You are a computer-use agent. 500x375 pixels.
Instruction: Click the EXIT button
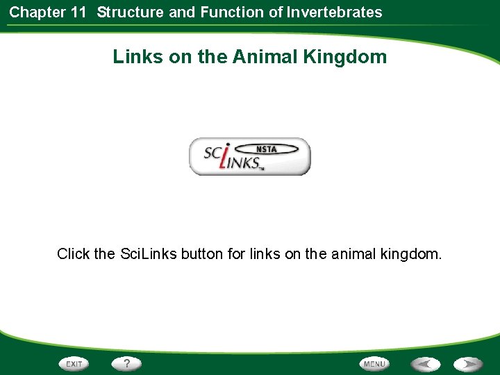click(74, 364)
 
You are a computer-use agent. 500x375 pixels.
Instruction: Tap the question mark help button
click(126, 363)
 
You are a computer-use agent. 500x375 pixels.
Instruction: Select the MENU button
click(374, 364)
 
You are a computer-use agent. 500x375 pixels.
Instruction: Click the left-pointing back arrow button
click(425, 364)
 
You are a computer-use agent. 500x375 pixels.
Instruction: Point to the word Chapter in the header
click(37, 12)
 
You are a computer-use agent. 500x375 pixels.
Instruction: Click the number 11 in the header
click(79, 12)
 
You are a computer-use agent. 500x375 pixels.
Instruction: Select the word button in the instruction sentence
click(203, 254)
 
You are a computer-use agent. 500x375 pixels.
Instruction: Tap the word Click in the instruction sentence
click(74, 254)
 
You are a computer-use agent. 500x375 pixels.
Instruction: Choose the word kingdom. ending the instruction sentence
click(411, 254)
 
